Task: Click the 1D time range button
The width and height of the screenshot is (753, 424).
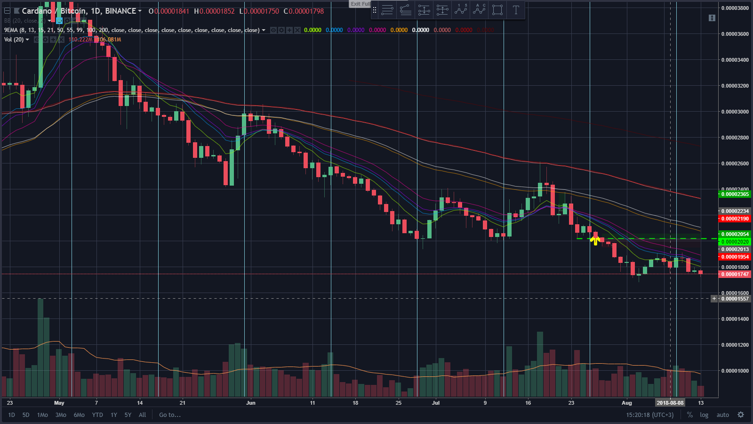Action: click(12, 415)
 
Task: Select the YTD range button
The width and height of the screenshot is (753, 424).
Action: click(97, 415)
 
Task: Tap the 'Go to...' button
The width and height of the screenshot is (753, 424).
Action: click(169, 415)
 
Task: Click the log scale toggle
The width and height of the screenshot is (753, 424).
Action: click(704, 415)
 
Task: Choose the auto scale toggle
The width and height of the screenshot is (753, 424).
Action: click(722, 415)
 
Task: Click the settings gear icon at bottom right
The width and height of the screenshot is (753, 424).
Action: click(741, 415)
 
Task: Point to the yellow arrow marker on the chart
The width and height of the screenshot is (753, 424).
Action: click(595, 241)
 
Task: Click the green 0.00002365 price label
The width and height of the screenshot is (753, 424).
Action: click(735, 194)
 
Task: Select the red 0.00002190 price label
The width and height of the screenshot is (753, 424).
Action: click(735, 219)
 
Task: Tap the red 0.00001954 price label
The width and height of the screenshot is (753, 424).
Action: click(735, 257)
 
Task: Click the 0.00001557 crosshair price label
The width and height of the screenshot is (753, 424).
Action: click(735, 299)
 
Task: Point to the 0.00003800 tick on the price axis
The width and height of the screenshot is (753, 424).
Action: click(735, 8)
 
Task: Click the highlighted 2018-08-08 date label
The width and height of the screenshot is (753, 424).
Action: click(670, 403)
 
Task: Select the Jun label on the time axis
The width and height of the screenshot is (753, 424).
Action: click(251, 403)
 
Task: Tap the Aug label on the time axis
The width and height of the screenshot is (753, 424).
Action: click(627, 403)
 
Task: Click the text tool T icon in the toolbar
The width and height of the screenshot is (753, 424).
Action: click(516, 10)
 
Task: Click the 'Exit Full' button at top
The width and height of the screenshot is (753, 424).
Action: click(360, 4)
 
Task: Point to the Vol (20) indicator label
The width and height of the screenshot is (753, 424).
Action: click(14, 40)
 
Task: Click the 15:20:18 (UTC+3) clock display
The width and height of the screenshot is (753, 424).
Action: click(649, 415)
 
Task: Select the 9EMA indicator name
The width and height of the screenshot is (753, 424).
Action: click(10, 30)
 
